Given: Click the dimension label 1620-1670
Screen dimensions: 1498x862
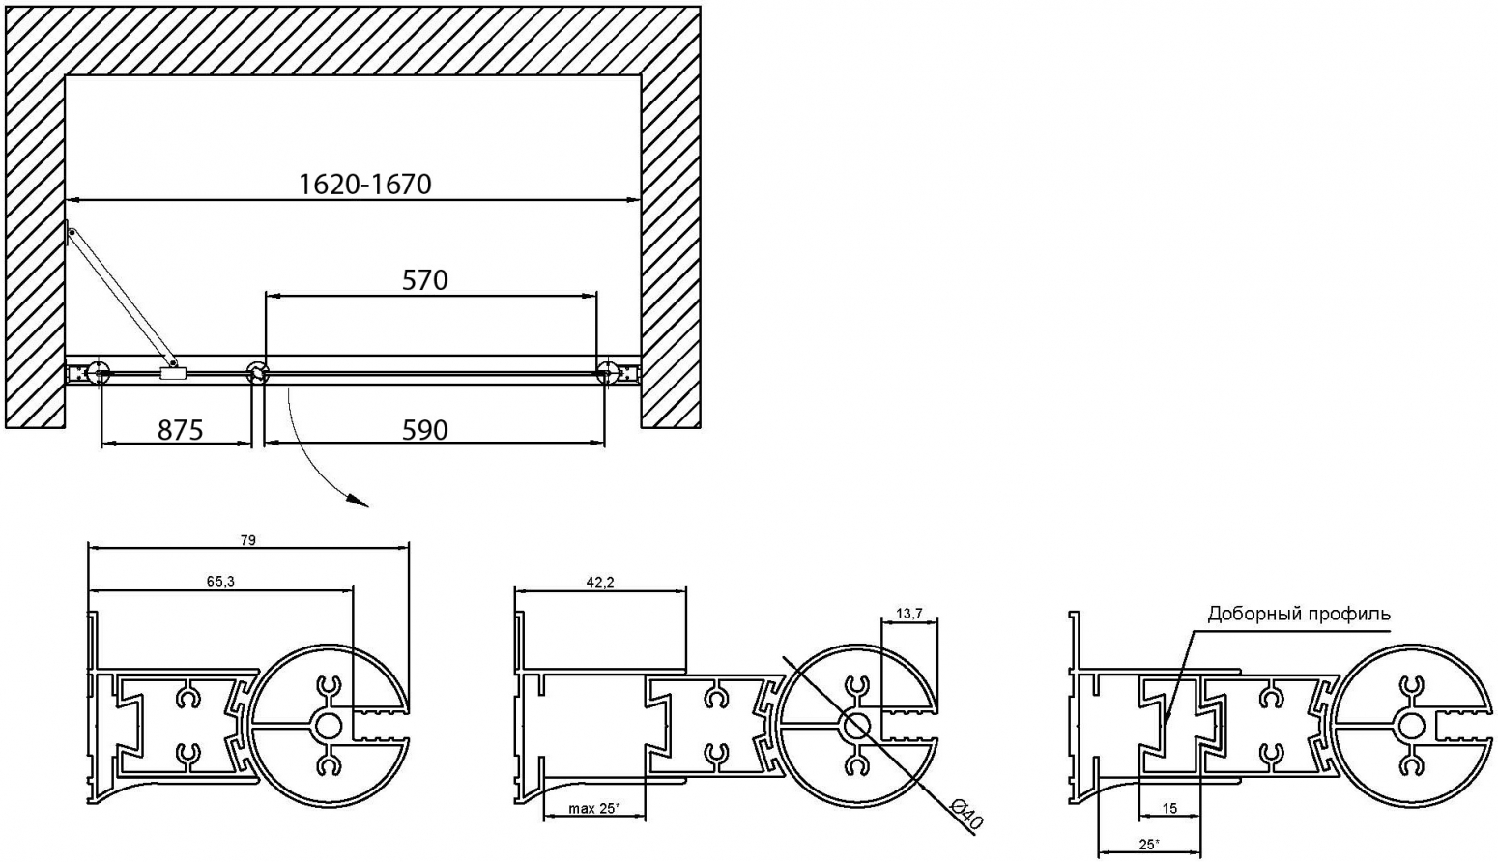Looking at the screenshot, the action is (x=364, y=184).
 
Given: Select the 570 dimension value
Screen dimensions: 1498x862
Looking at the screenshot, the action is (x=424, y=280).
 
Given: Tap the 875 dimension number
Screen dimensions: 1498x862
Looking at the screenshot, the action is (x=180, y=430).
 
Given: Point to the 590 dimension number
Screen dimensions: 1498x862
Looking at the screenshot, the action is (x=424, y=430).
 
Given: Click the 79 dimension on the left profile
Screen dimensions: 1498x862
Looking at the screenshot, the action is (x=248, y=540).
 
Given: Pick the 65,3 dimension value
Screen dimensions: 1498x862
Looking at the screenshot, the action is (x=220, y=582).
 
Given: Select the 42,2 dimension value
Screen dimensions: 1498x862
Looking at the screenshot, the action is (x=600, y=583).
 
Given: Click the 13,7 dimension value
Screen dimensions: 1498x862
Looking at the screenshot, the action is (x=909, y=614).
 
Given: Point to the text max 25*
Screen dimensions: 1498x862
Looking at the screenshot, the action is (x=593, y=809).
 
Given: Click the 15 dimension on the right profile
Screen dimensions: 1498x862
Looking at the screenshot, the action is (x=1169, y=809).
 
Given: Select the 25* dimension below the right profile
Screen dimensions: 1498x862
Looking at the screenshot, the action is (x=1149, y=845).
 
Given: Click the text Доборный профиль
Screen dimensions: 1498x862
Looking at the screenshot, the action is (x=1299, y=614).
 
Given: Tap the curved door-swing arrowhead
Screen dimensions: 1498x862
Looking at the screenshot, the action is (x=360, y=502).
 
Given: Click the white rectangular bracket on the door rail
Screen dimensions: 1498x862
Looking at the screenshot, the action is (x=173, y=374).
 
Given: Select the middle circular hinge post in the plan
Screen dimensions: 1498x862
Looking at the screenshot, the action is (x=257, y=373).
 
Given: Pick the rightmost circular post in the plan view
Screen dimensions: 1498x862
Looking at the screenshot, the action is (x=608, y=373).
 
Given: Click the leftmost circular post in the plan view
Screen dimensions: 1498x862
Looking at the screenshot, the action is (x=99, y=373).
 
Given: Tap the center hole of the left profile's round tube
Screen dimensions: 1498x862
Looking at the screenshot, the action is (x=328, y=726).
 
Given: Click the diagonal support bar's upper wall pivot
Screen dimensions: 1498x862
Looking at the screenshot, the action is (x=72, y=233).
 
